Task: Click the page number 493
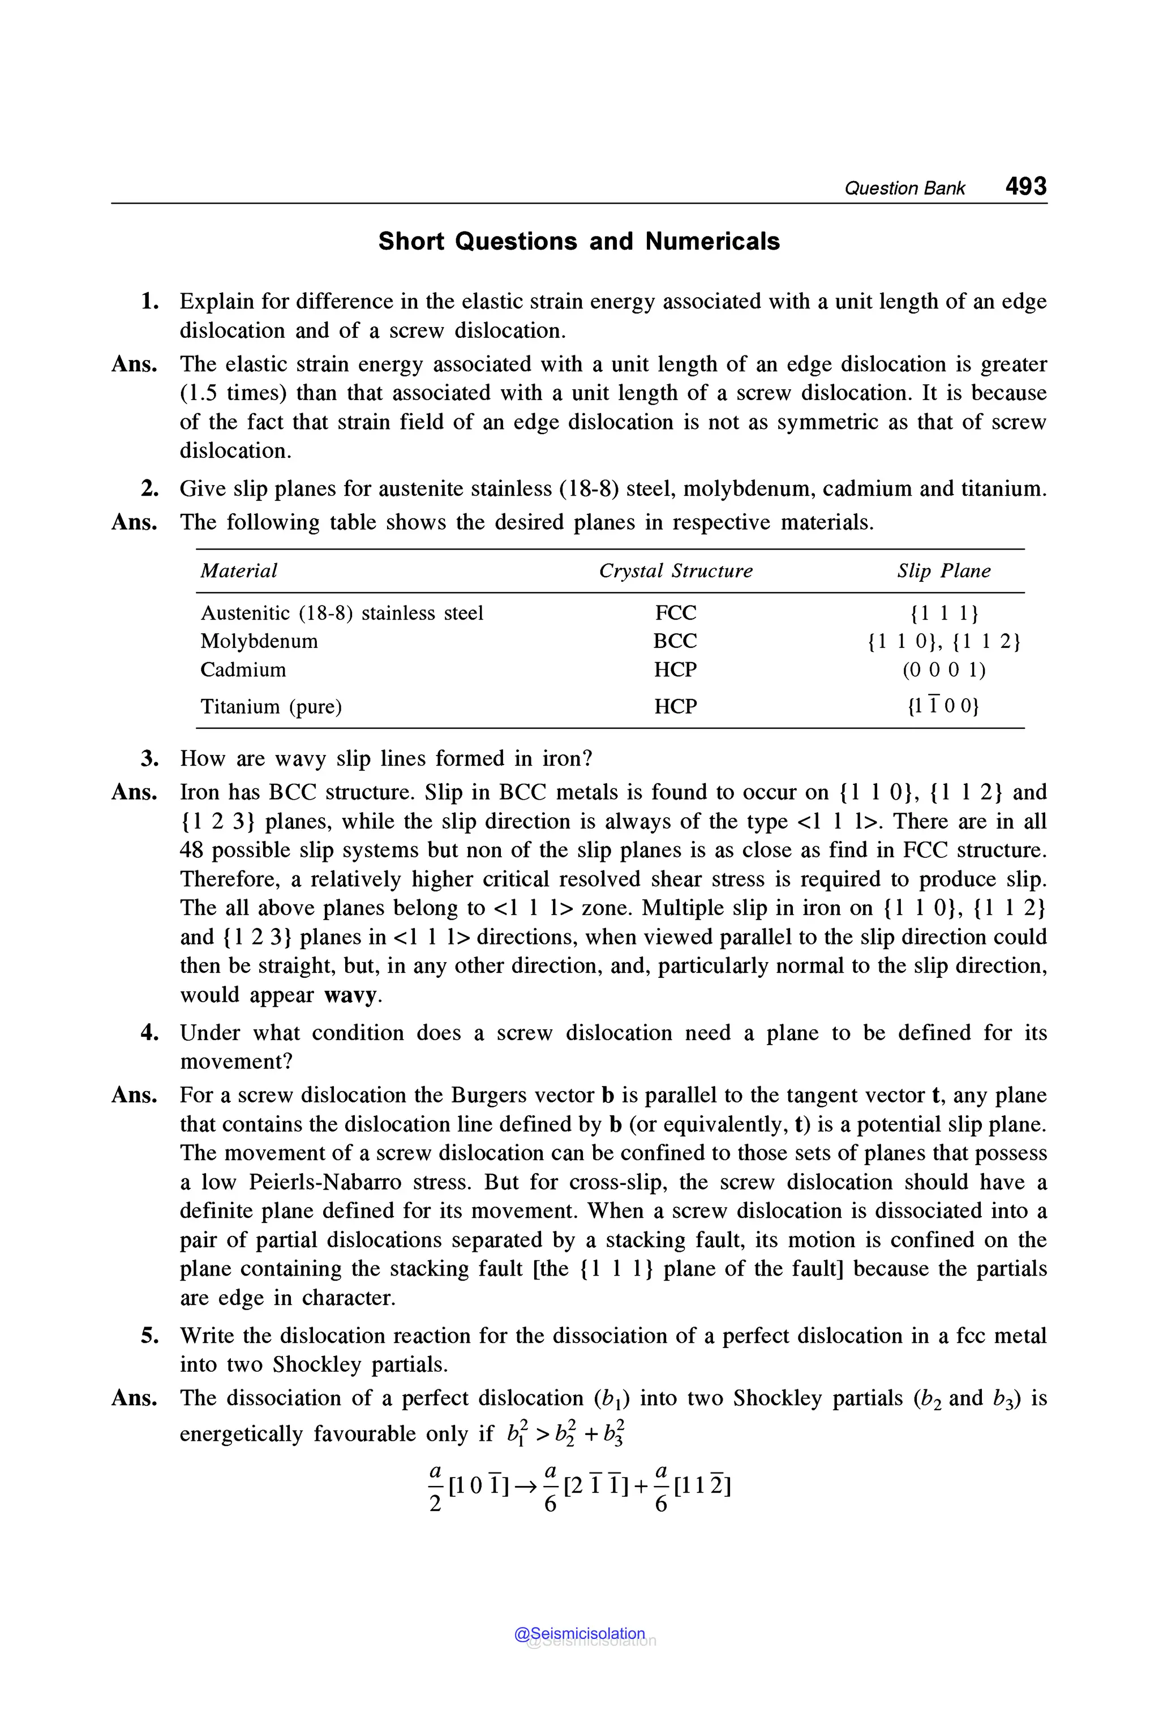point(1025,186)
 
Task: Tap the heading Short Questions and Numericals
point(579,241)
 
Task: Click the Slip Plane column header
point(943,570)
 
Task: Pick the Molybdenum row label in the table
point(259,641)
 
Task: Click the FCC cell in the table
point(675,613)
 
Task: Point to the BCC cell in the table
point(675,641)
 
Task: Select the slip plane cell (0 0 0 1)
point(944,669)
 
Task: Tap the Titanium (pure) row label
point(271,707)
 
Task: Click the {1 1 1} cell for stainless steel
point(944,613)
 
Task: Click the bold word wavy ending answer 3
point(350,995)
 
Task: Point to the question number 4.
point(150,1033)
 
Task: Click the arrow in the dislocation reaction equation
point(526,1487)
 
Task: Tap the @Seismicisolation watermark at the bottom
point(580,1634)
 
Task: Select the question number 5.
point(150,1336)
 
